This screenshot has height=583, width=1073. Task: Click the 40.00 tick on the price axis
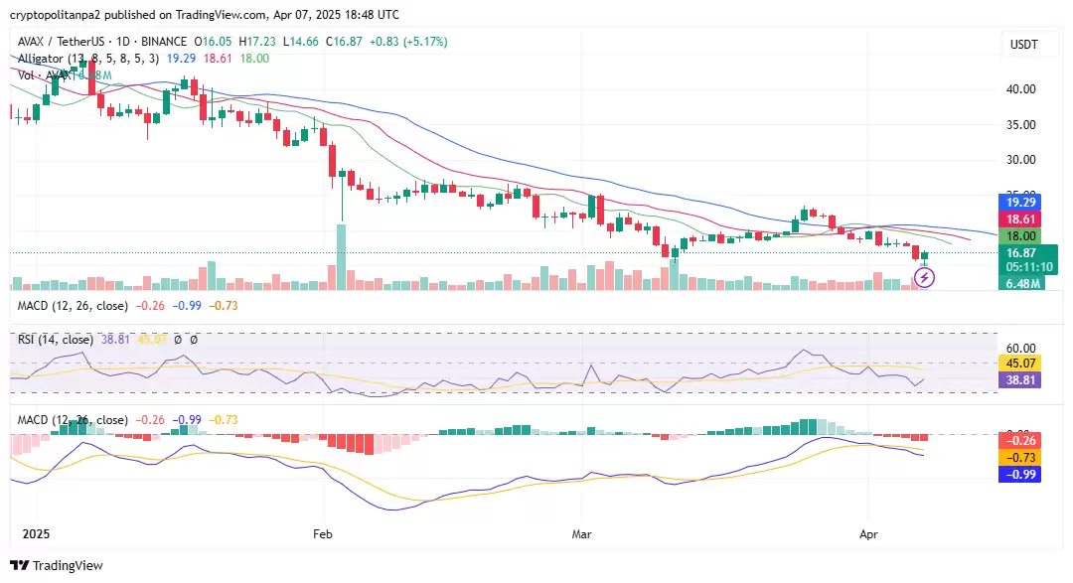[x=1022, y=89]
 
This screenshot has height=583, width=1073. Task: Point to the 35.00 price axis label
[x=1022, y=125]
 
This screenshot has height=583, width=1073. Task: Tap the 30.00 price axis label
[x=1022, y=160]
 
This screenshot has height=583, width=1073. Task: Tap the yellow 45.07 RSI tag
[x=1018, y=363]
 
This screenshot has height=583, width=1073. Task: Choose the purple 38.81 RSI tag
[x=1018, y=379]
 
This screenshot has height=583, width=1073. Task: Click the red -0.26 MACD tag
[x=1018, y=440]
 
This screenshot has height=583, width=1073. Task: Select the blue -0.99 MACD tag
[x=1018, y=475]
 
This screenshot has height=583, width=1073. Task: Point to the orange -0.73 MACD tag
[x=1018, y=457]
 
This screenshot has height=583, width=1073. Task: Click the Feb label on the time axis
[x=322, y=533]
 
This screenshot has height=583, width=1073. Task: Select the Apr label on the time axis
[x=868, y=533]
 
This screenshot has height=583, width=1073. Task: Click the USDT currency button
[x=1023, y=45]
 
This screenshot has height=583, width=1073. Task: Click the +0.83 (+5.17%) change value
[x=408, y=42]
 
